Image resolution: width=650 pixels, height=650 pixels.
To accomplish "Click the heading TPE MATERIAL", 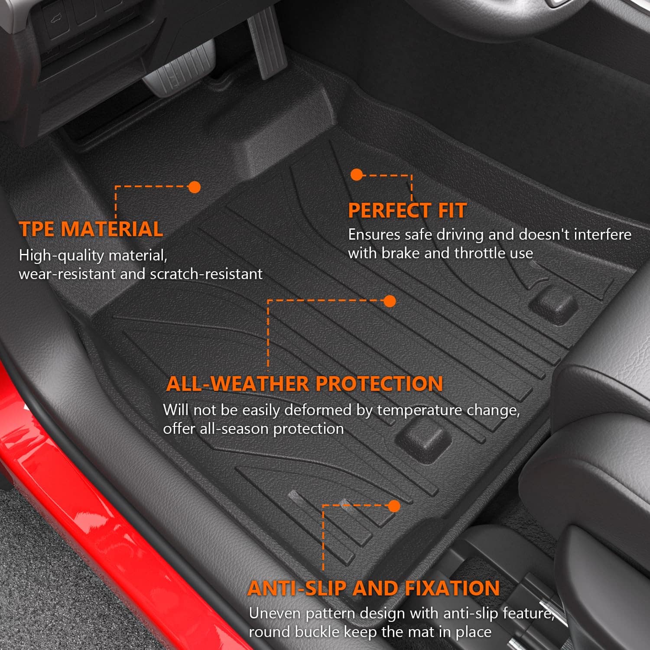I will click(91, 229).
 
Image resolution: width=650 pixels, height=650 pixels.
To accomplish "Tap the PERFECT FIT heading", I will click(407, 211).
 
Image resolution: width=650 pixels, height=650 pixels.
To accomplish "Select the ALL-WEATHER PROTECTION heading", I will click(304, 383).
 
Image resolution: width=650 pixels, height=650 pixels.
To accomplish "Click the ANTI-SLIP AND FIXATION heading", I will click(374, 588).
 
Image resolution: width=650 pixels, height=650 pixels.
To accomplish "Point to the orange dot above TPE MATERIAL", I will click(195, 187).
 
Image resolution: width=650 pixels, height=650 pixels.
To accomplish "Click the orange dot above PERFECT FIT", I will click(357, 175).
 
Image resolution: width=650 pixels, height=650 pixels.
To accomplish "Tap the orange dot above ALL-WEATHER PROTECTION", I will click(390, 301).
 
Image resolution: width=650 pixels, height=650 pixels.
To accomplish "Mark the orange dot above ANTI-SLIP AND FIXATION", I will click(394, 506).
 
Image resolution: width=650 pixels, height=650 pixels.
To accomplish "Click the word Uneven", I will click(275, 613).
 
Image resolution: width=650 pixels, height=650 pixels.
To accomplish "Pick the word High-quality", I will click(62, 255).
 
